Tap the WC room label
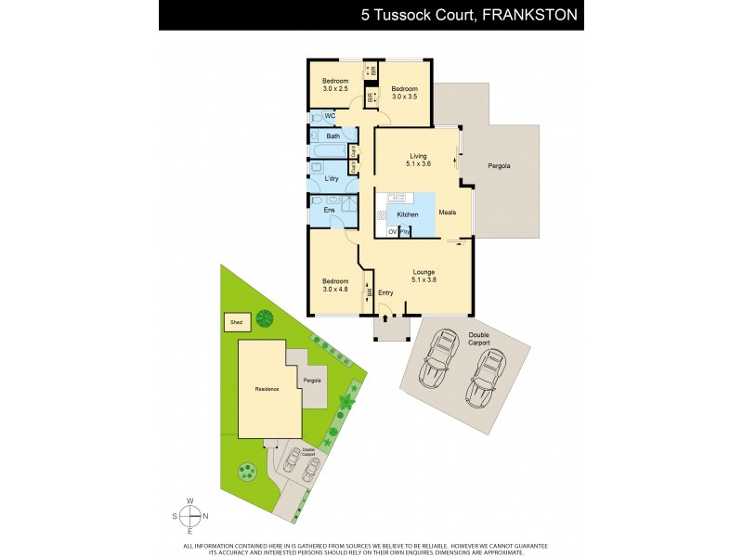[x=330, y=116]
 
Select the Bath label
[x=332, y=136]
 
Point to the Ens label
[x=329, y=211]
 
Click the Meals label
[x=448, y=213]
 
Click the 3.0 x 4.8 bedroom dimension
[x=335, y=288]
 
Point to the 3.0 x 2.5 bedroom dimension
[x=335, y=89]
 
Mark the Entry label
[x=385, y=293]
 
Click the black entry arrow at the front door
[x=385, y=318]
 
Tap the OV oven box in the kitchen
[x=392, y=231]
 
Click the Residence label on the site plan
[x=267, y=389]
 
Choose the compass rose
[x=190, y=516]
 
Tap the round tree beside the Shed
[x=264, y=318]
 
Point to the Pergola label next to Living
[x=499, y=166]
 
